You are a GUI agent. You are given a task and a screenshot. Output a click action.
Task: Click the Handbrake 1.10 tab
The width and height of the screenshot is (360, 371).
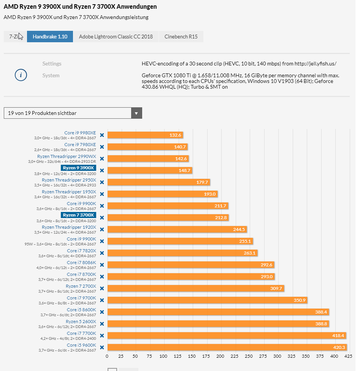pyautogui.click(x=50, y=37)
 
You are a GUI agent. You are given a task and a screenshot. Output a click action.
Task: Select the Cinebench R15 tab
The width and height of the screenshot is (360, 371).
pyautogui.click(x=181, y=37)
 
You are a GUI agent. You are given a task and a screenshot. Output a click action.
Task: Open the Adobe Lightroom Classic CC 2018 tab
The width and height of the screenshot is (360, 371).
pyautogui.click(x=115, y=37)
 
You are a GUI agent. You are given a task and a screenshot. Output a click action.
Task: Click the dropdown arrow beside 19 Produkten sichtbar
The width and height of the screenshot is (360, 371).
pyautogui.click(x=136, y=113)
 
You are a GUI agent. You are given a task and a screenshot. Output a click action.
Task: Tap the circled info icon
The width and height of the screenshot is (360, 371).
pyautogui.click(x=21, y=75)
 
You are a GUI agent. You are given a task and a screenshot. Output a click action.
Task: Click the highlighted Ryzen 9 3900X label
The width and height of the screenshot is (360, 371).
pyautogui.click(x=78, y=168)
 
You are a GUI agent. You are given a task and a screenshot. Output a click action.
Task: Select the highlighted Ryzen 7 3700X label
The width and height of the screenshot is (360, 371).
pyautogui.click(x=78, y=215)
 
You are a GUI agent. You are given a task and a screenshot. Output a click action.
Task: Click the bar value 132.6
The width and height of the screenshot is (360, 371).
pyautogui.click(x=175, y=135)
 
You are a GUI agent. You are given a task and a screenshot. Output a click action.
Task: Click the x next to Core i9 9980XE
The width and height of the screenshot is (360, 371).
pyautogui.click(x=101, y=135)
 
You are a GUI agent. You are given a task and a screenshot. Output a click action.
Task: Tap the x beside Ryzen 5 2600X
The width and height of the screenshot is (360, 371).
pyautogui.click(x=101, y=323)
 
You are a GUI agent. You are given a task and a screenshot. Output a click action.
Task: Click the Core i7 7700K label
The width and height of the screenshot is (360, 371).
pyautogui.click(x=81, y=333)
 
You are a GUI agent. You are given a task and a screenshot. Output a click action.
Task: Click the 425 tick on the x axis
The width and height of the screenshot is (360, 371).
pyautogui.click(x=345, y=356)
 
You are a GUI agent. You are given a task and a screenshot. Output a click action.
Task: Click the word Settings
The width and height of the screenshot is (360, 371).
pyautogui.click(x=52, y=64)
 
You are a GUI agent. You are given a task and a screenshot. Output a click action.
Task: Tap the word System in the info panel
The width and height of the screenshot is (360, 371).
pyautogui.click(x=51, y=75)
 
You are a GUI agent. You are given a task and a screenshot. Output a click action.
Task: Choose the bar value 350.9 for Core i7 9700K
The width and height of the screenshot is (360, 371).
pyautogui.click(x=300, y=300)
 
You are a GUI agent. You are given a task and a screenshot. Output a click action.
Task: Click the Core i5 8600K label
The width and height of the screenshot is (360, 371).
pyautogui.click(x=81, y=309)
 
